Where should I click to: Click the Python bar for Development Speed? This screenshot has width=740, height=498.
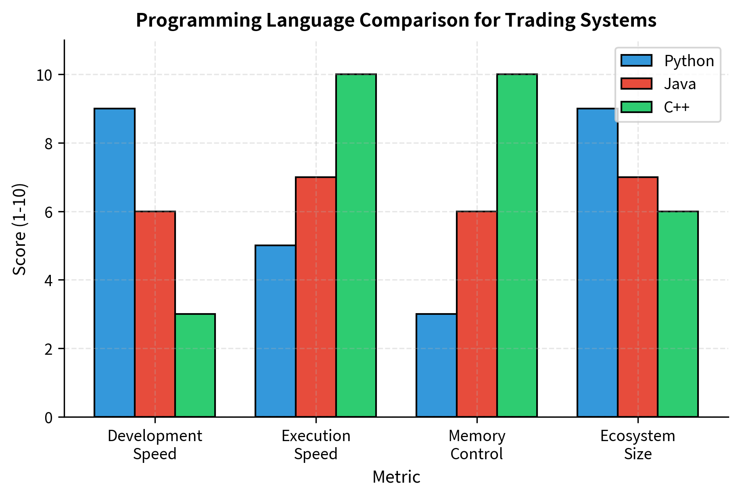[x=115, y=262]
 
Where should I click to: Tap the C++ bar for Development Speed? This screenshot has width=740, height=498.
[x=195, y=365]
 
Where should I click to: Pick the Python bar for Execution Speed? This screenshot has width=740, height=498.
[x=276, y=331]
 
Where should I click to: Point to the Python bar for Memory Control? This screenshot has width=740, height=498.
[x=437, y=365]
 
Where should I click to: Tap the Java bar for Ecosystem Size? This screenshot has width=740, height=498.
[x=638, y=297]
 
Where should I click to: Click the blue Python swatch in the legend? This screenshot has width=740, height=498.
[x=636, y=61]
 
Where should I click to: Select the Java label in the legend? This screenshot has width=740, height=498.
[x=680, y=84]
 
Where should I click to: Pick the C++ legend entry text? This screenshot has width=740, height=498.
[x=677, y=107]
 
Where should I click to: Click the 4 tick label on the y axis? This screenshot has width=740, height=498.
[x=48, y=280]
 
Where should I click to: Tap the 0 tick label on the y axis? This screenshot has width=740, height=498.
[x=48, y=418]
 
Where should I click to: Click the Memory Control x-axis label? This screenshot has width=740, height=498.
[x=477, y=445]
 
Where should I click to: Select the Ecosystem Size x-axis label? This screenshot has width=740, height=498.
[x=638, y=445]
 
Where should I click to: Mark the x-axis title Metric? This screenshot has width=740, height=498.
[x=396, y=477]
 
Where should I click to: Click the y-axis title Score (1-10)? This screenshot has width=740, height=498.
[x=19, y=229]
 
